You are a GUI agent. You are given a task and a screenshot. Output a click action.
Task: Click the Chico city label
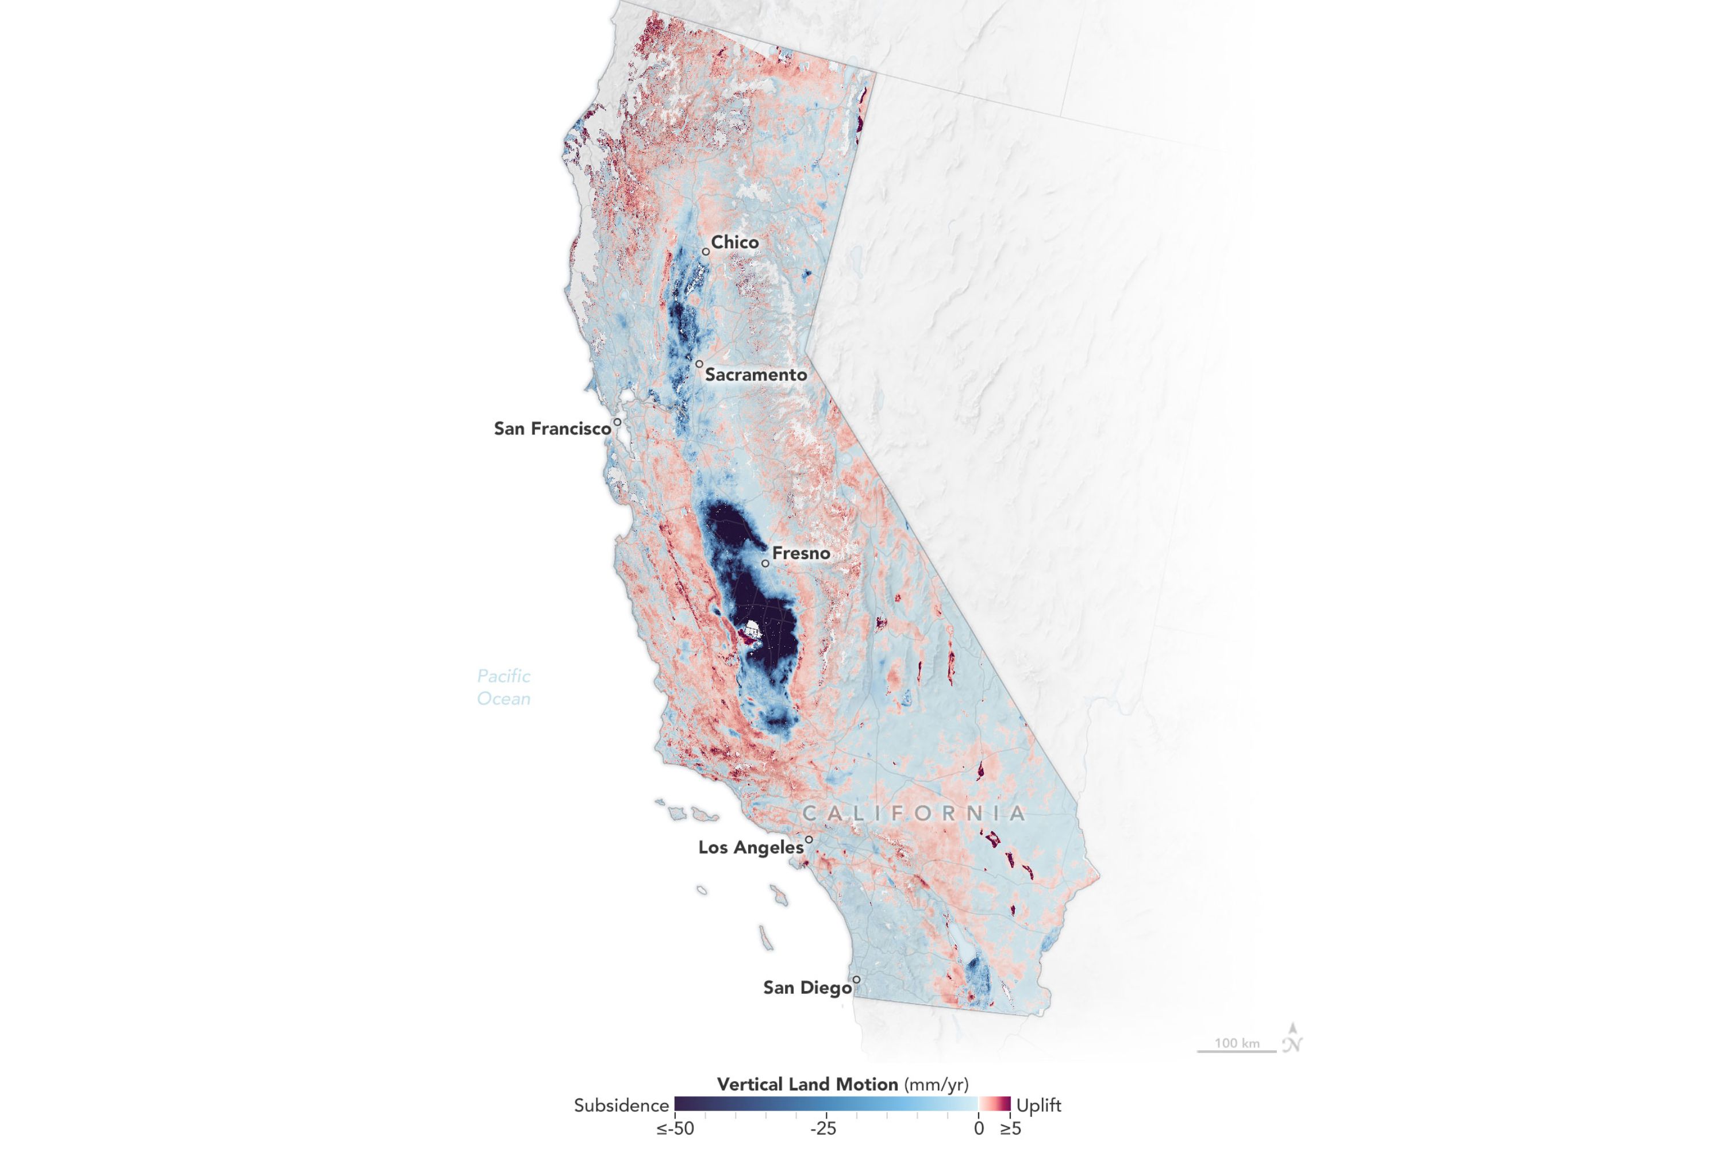(x=734, y=242)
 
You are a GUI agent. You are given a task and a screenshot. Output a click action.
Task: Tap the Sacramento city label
(x=756, y=375)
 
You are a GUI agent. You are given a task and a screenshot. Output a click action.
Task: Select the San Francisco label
(x=552, y=429)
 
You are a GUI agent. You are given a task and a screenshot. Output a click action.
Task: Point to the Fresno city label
(x=801, y=553)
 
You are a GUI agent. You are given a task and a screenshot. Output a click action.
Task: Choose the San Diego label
(x=807, y=988)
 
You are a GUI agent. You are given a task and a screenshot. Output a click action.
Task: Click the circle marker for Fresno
(x=765, y=564)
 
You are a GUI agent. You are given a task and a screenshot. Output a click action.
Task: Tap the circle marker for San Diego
(x=856, y=980)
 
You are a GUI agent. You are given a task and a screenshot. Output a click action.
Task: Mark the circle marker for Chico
(x=706, y=252)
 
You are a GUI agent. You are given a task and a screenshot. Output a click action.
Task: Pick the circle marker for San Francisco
(x=618, y=422)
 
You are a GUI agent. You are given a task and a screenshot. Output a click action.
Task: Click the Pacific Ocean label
(x=503, y=687)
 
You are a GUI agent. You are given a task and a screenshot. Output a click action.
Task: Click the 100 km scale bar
(x=1237, y=1050)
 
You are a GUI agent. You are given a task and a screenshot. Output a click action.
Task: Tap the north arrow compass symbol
(x=1292, y=1038)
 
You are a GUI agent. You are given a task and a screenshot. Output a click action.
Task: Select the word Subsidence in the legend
(x=621, y=1105)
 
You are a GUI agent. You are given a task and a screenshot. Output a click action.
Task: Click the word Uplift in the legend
(x=1038, y=1105)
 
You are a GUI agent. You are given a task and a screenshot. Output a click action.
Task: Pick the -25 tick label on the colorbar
(x=823, y=1128)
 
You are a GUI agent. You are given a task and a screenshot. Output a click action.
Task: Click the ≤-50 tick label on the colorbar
(x=674, y=1128)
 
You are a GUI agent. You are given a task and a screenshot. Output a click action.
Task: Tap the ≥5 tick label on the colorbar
(x=1010, y=1128)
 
